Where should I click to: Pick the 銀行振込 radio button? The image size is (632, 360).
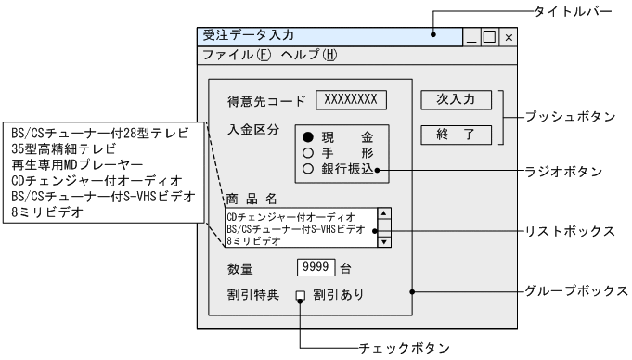tap(306, 170)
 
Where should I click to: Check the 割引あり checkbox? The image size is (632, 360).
tap(300, 297)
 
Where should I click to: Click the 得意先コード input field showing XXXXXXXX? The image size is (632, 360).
tap(351, 98)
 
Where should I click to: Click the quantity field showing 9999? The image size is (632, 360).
tap(316, 268)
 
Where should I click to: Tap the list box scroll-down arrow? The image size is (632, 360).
tap(384, 241)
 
